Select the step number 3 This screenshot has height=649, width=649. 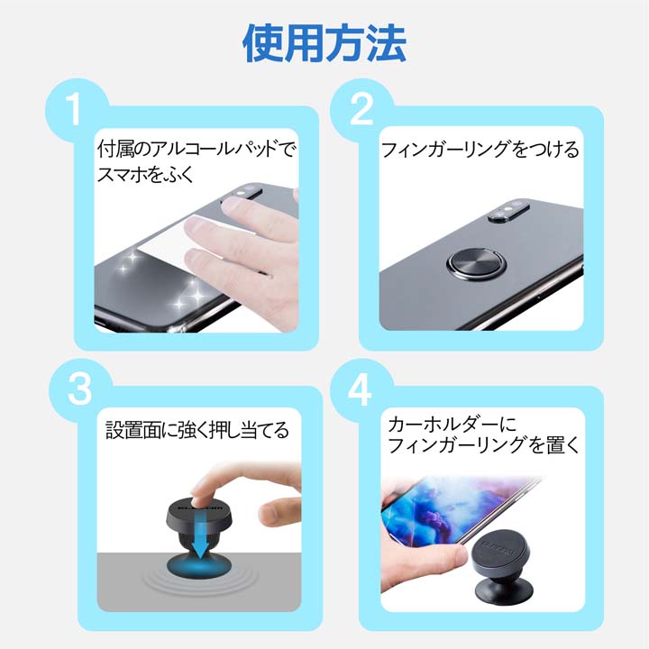pos(76,390)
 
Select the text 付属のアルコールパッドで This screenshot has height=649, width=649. pos(197,147)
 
